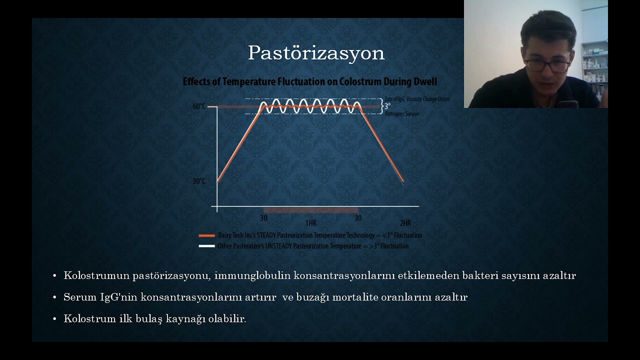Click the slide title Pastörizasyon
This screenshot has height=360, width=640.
(316, 53)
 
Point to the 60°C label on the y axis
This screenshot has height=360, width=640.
(199, 106)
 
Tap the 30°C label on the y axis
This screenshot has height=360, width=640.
(199, 181)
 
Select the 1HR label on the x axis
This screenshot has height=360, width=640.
(310, 222)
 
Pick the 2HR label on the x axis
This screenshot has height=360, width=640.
(405, 222)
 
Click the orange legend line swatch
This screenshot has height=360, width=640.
(206, 235)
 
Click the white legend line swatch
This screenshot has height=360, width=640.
(206, 246)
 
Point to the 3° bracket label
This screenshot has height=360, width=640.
(387, 106)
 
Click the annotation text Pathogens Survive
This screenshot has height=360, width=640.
(402, 114)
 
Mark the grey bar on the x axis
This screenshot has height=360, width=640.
(310, 210)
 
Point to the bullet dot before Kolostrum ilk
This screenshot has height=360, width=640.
(54, 319)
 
